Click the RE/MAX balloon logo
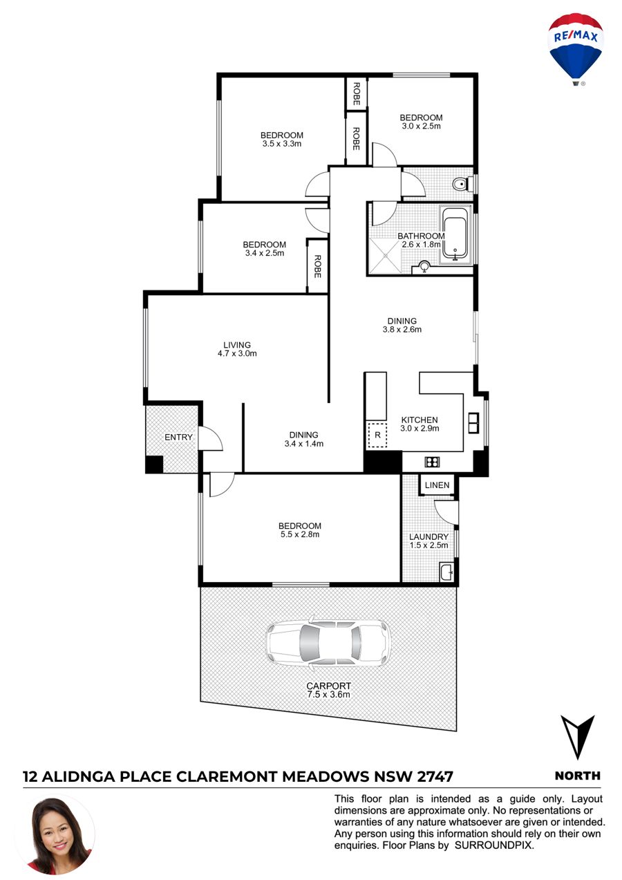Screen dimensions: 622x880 576,48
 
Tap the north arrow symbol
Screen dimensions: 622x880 577,738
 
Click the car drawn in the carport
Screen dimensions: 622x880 328,644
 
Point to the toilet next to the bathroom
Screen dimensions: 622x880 462,183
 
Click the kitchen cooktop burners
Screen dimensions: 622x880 432,462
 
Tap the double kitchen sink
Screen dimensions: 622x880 473,423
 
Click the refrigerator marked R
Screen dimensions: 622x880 377,436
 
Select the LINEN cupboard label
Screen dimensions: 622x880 437,485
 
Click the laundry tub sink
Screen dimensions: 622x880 447,572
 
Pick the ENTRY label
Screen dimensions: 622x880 178,438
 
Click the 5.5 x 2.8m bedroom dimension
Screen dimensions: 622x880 300,534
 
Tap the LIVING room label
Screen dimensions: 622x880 237,345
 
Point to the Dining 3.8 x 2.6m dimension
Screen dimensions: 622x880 402,330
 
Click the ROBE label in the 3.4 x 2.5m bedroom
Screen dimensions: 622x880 317,266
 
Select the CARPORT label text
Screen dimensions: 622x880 329,686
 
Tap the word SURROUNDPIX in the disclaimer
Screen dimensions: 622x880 494,845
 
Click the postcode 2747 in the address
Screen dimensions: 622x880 435,777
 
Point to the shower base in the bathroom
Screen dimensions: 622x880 385,255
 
